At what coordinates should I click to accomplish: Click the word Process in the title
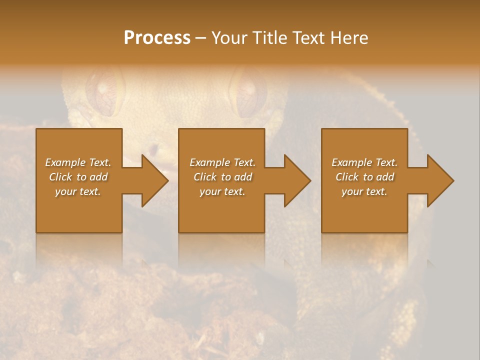pyautogui.click(x=157, y=38)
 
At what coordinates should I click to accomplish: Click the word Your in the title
pyautogui.click(x=229, y=38)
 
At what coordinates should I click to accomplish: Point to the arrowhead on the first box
pyautogui.click(x=153, y=180)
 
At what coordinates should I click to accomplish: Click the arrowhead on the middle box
pyautogui.click(x=296, y=180)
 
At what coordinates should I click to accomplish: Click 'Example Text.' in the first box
pyautogui.click(x=78, y=162)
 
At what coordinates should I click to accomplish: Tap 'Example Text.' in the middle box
pyautogui.click(x=222, y=162)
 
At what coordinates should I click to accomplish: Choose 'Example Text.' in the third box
pyautogui.click(x=364, y=162)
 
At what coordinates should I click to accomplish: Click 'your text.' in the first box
pyautogui.click(x=78, y=191)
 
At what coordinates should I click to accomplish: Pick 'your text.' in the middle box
pyautogui.click(x=222, y=191)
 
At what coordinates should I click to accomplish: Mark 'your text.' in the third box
pyautogui.click(x=364, y=191)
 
